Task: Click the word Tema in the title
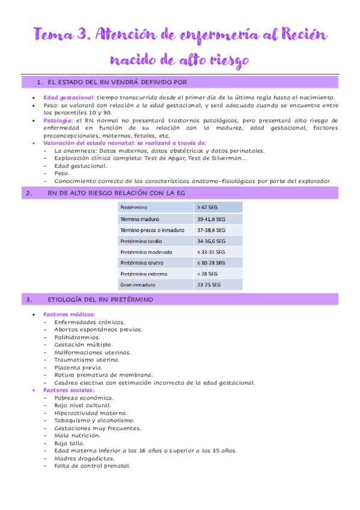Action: coord(50,35)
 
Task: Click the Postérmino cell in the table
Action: coord(135,207)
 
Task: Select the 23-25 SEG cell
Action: coord(209,284)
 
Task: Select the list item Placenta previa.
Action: coord(78,367)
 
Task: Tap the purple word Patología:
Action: coord(59,120)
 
